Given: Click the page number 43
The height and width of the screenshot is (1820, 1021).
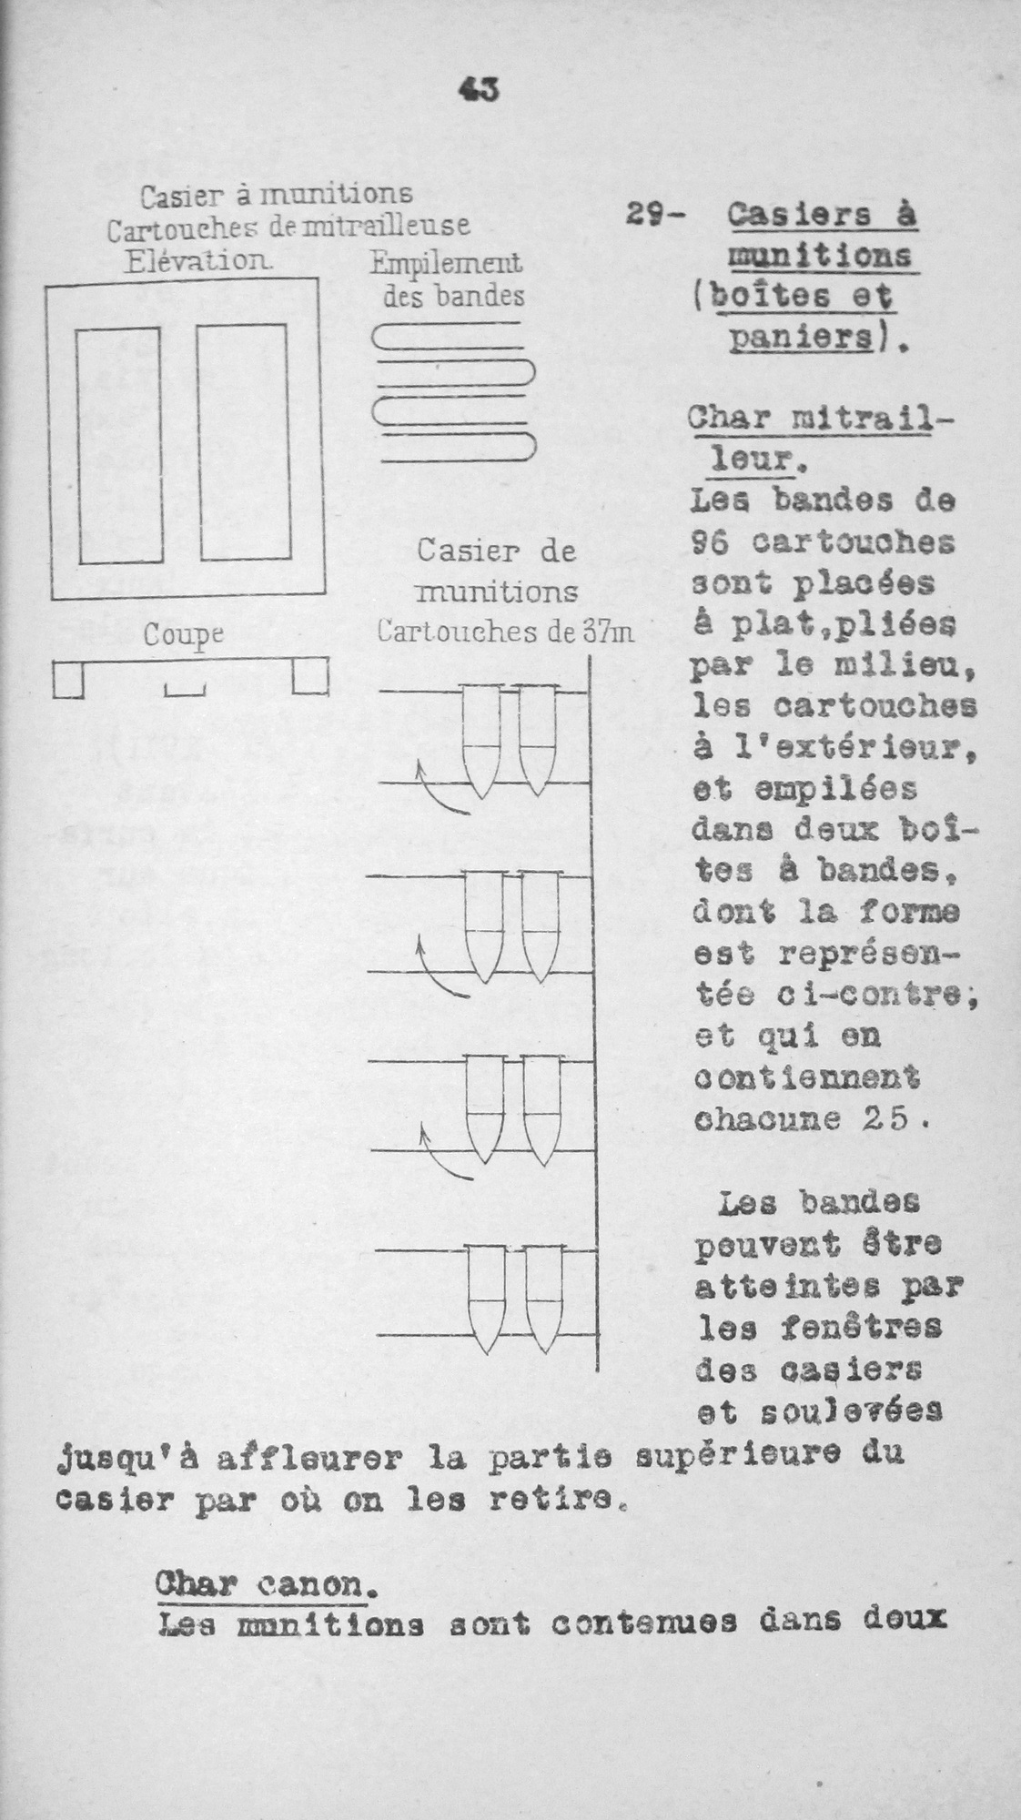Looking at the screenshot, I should tap(480, 89).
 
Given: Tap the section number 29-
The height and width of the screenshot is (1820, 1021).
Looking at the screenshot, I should tap(657, 216).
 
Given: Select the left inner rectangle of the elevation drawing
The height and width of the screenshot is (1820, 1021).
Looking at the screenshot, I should tap(119, 445).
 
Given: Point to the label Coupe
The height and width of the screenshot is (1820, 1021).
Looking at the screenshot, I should tap(183, 634).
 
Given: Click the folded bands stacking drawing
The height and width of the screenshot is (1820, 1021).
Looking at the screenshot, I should tap(452, 393).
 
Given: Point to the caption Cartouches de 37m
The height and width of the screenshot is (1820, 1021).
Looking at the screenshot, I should tap(505, 632).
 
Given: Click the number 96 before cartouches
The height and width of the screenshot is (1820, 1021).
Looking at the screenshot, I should tap(713, 542).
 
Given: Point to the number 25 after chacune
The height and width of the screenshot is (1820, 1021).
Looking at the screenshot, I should tap(886, 1119).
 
